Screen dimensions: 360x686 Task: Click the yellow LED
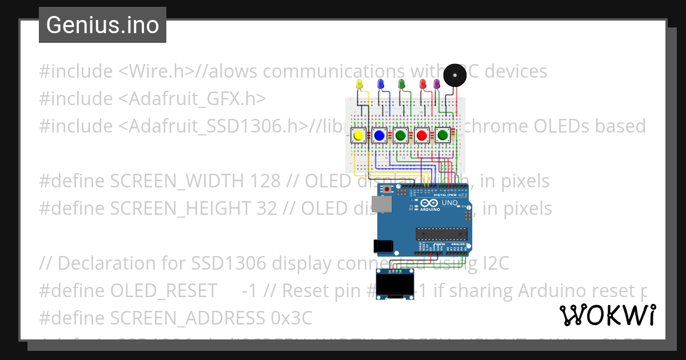[360, 84]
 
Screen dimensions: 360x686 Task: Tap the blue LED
[381, 84]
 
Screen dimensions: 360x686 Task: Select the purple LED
[437, 84]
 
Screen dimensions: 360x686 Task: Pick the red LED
[424, 84]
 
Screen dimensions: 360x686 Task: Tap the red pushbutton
[422, 135]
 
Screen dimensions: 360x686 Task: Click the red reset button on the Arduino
[387, 189]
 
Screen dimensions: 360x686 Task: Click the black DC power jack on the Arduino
[383, 246]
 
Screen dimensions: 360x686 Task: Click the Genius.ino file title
[102, 25]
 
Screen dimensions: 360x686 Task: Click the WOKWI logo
[607, 315]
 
